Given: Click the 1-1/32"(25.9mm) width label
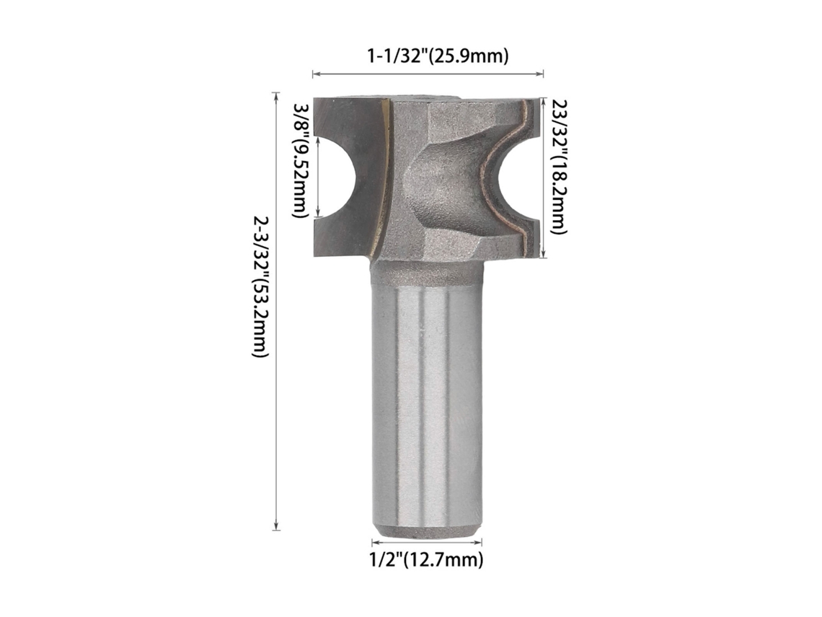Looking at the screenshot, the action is point(437,56).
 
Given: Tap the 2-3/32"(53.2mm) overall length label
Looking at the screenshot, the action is point(260,286).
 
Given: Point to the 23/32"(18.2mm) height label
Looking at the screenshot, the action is point(559,166).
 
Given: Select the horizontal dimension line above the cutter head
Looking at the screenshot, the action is point(428,74).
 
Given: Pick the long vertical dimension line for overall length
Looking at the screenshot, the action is point(276,312).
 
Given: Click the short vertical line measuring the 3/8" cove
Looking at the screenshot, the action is point(317,178).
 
